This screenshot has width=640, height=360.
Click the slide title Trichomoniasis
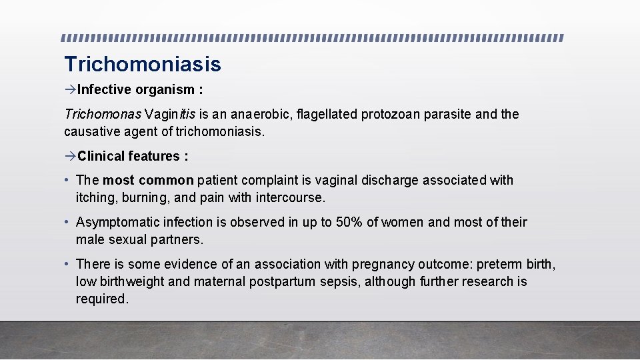point(142,64)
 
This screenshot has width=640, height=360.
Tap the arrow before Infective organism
point(70,89)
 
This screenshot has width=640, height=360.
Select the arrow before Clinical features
point(70,156)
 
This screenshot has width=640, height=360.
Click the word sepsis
point(339,281)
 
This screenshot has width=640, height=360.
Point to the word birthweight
point(131,281)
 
